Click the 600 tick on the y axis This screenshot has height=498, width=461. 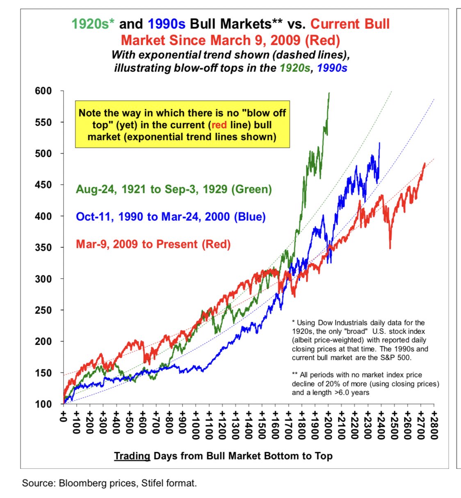tap(43, 91)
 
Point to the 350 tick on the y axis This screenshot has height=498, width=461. tap(43, 247)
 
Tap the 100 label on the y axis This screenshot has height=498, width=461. tap(43, 404)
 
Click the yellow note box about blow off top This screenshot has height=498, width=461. tap(182, 124)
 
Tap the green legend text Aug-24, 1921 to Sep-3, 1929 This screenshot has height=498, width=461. tap(173, 189)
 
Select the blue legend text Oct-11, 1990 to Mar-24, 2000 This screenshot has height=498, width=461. tap(171, 217)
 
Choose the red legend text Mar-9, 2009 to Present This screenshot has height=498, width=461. tap(153, 244)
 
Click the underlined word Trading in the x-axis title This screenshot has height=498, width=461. tap(132, 456)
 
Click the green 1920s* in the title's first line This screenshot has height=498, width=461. tap(93, 24)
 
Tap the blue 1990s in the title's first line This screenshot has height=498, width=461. tap(167, 24)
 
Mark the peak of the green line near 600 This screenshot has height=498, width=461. tap(329, 94)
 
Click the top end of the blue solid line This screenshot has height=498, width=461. tap(379, 143)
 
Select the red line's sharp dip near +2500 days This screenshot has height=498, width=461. tap(390, 248)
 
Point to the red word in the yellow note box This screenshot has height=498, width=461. tap(219, 125)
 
